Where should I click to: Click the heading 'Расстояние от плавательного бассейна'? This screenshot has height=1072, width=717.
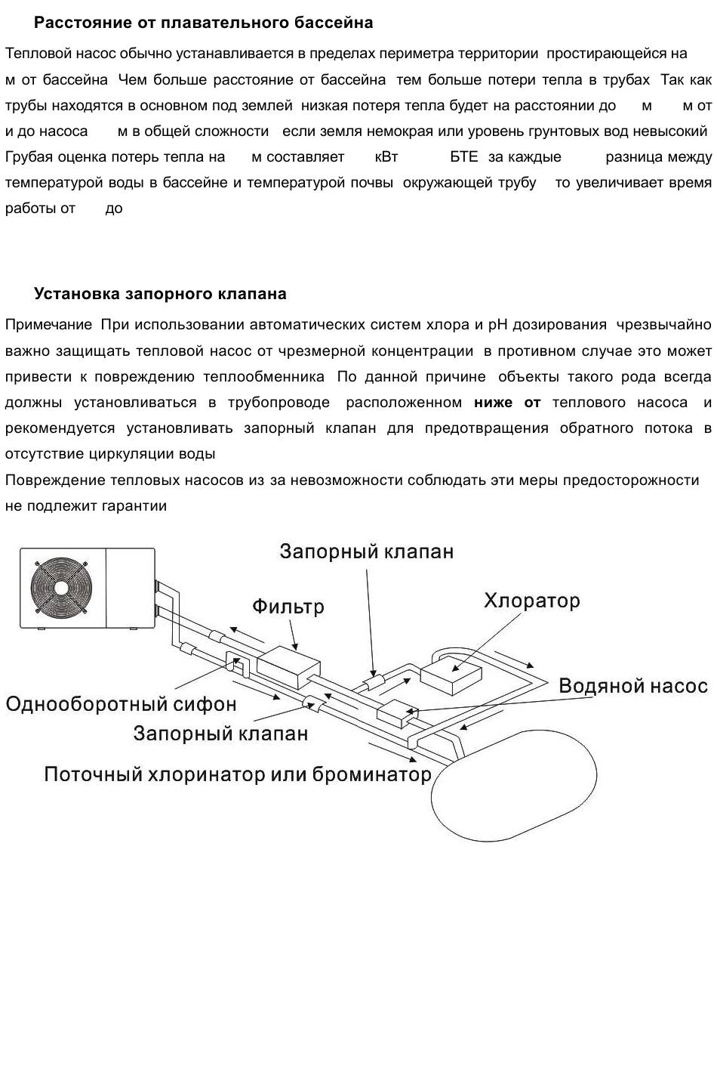[203, 23]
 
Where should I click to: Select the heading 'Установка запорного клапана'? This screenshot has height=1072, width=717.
[160, 294]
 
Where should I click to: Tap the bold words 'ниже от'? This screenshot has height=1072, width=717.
[507, 403]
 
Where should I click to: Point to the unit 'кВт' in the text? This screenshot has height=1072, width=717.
[386, 157]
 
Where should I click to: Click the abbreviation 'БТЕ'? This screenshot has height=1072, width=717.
[464, 157]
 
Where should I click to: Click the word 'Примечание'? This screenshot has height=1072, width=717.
[48, 325]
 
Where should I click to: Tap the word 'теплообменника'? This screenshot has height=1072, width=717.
[264, 377]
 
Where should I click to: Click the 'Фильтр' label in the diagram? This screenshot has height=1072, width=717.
[288, 607]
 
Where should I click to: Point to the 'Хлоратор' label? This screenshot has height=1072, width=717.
[532, 601]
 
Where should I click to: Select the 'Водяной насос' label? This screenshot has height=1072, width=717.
[633, 686]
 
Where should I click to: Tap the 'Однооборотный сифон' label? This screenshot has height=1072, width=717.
[121, 704]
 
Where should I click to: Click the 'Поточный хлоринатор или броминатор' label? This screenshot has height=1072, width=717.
[238, 774]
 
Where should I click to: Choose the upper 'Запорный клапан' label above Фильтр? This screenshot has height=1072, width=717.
[367, 551]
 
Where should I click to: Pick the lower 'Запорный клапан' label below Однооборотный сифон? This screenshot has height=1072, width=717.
[220, 734]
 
